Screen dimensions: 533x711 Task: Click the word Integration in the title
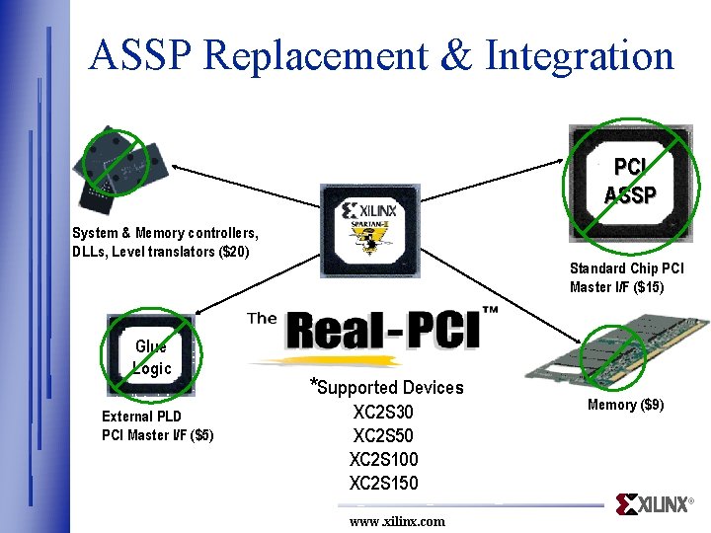tap(580, 57)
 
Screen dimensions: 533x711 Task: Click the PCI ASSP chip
tap(630, 184)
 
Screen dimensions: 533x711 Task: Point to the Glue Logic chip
tap(151, 357)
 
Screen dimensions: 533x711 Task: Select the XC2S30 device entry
tap(383, 412)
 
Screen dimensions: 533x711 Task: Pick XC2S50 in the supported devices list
tap(383, 435)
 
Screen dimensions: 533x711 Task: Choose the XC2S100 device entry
tap(383, 459)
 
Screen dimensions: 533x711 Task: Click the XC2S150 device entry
tap(383, 483)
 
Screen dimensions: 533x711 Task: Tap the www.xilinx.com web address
tap(397, 521)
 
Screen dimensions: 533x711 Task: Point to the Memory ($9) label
tap(626, 405)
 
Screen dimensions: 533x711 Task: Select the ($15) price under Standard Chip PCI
tap(648, 287)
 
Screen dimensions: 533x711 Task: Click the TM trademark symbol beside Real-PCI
tap(490, 310)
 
